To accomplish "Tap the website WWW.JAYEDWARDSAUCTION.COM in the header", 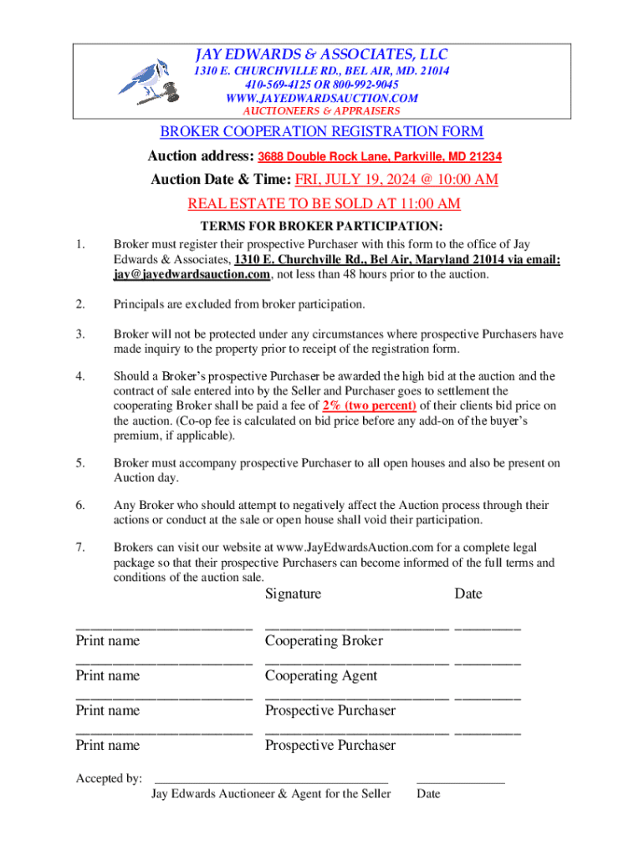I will (322, 98).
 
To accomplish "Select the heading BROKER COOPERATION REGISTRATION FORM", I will (322, 132).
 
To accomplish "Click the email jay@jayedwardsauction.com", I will (192, 274).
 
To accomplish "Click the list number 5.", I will (79, 463).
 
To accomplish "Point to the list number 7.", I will (79, 547).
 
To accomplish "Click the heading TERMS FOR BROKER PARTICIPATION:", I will (322, 227).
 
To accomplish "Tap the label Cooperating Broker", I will (324, 641).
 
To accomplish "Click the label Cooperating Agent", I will (321, 675).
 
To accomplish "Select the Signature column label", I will (293, 594).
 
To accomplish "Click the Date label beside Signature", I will (468, 594).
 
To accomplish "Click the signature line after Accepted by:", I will (272, 778).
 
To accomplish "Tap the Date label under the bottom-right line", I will (428, 793).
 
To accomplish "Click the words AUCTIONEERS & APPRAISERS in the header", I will (322, 110).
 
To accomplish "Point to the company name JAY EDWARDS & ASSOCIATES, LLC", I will (322, 54).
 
